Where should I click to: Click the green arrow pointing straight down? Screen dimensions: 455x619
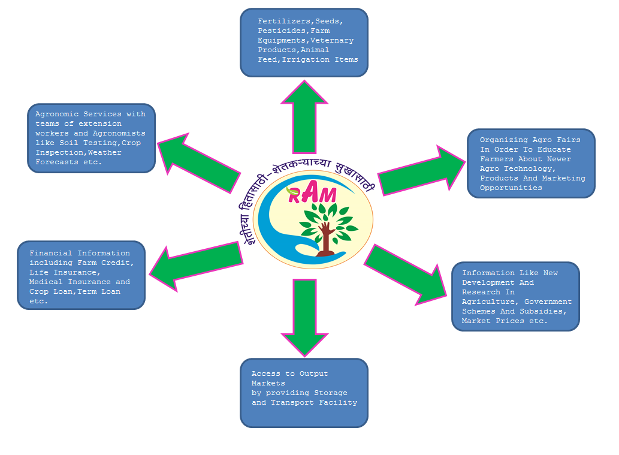(304, 315)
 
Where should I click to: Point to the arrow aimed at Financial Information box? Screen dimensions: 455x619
(195, 264)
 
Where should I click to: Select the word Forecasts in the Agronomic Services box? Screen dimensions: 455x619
(56, 162)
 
